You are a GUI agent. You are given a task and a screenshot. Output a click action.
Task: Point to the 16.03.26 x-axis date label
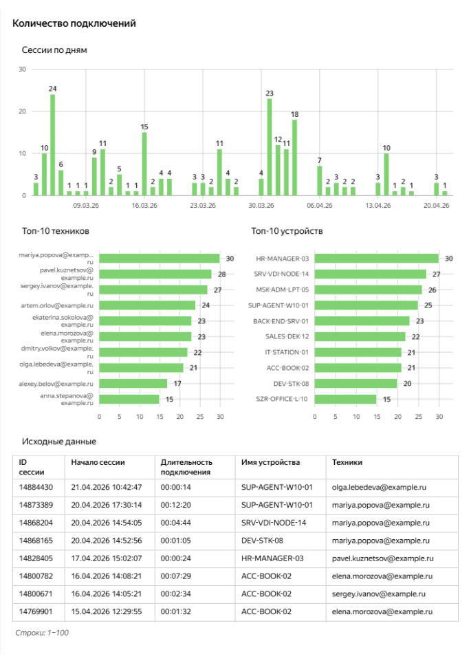(x=144, y=205)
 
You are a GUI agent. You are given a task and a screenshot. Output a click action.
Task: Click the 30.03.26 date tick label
(x=261, y=205)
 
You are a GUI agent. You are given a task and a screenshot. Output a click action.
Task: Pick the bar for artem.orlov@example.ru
(x=147, y=305)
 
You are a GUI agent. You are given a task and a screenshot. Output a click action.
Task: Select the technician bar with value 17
(x=133, y=383)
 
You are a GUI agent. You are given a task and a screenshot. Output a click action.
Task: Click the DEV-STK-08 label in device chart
(x=291, y=383)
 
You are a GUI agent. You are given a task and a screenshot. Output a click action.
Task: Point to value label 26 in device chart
(x=432, y=290)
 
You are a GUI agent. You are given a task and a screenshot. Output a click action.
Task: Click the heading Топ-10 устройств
(x=287, y=231)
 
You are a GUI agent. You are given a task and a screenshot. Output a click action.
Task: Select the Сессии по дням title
(x=54, y=50)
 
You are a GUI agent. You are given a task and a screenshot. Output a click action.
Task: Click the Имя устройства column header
(x=270, y=463)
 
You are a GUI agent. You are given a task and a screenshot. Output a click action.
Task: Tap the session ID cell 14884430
(x=36, y=487)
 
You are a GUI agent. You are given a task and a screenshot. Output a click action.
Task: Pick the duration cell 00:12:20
(x=175, y=505)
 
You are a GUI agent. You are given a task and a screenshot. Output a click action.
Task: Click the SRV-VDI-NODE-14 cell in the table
(x=274, y=523)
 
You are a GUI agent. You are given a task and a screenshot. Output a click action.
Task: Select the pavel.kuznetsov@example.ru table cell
(x=383, y=558)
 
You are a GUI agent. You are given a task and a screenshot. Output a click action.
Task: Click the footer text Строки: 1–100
(x=42, y=632)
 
